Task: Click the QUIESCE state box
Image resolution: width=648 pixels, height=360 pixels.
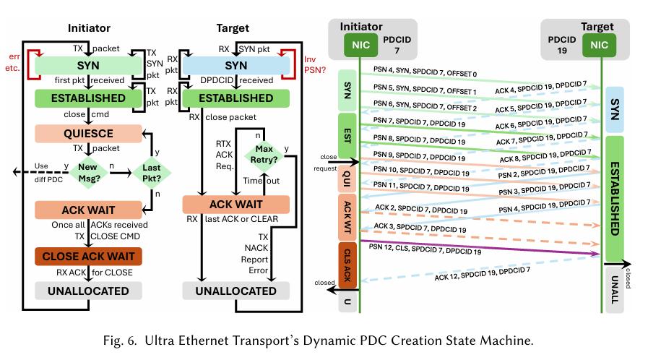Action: click(x=88, y=134)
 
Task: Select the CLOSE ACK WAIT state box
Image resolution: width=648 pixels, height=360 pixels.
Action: click(x=88, y=256)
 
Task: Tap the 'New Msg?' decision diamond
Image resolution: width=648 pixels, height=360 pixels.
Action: click(x=87, y=173)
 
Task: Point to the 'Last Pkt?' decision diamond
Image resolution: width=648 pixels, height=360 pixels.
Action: click(x=151, y=173)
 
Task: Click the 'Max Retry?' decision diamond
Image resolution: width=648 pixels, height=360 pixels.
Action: click(x=264, y=154)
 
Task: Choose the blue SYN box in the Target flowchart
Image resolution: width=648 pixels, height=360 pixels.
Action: click(x=236, y=65)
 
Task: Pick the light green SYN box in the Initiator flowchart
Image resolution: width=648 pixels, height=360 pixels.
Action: click(x=88, y=65)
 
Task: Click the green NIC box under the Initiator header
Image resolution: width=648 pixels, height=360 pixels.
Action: click(x=360, y=45)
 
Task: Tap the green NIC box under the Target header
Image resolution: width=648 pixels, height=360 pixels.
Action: click(x=599, y=45)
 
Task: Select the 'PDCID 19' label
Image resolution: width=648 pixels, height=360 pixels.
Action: click(x=561, y=45)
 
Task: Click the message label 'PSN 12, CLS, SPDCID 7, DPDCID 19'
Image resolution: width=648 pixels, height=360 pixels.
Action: click(x=425, y=249)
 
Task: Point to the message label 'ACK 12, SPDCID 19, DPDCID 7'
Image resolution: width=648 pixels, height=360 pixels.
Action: click(x=482, y=274)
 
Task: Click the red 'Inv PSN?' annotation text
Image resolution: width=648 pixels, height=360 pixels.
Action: click(x=314, y=64)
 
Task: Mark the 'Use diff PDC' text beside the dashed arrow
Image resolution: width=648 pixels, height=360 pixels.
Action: click(x=48, y=172)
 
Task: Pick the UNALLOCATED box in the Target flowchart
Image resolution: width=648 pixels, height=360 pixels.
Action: click(x=236, y=291)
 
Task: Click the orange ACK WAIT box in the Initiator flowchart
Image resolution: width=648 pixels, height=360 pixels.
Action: click(x=88, y=210)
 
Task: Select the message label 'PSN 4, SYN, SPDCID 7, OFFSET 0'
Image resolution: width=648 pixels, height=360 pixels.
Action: click(x=425, y=72)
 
